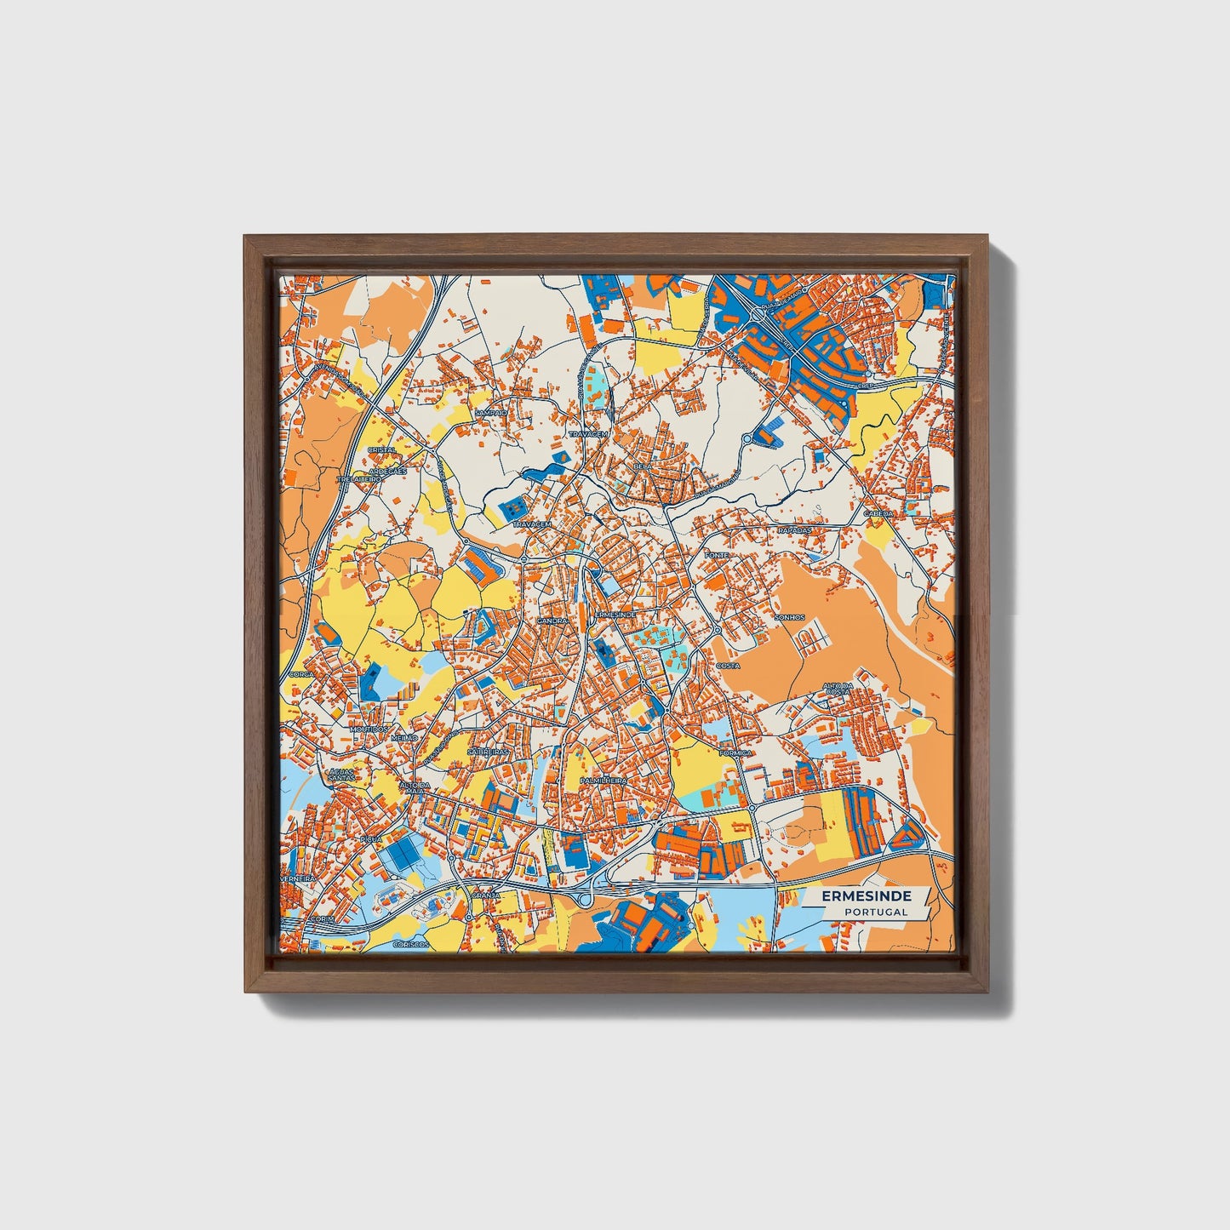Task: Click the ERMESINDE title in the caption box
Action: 867,896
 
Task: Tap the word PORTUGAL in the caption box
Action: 876,912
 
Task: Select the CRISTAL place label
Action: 380,449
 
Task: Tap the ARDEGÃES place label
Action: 388,470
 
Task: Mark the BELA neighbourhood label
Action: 643,467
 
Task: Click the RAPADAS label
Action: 794,529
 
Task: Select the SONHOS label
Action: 789,617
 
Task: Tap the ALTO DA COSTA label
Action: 838,689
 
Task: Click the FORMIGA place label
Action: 735,752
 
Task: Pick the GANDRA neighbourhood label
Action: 552,621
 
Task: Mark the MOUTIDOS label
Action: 368,729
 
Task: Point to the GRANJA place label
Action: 486,895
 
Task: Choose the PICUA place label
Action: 371,838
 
